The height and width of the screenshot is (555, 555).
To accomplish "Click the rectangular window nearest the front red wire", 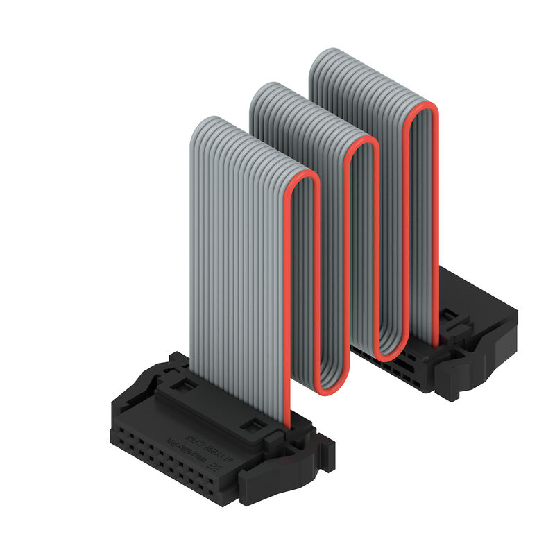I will pos(255,425).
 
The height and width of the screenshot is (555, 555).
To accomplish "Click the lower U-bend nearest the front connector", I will pos(326,385).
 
